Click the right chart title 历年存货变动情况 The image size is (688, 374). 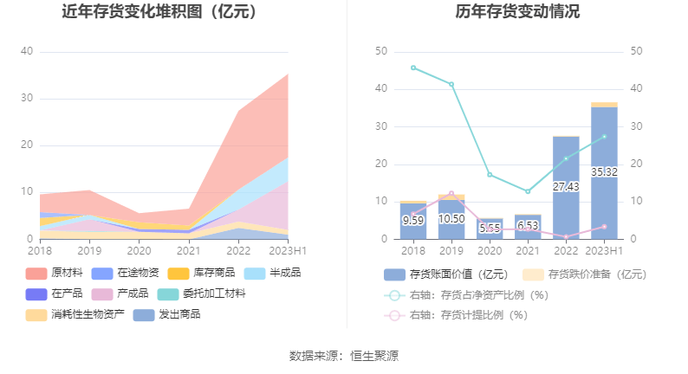(518, 12)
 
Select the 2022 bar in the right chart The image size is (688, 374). (566, 187)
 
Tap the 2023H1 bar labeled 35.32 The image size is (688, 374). (604, 172)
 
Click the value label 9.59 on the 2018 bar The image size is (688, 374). (413, 220)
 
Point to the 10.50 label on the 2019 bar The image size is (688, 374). (451, 219)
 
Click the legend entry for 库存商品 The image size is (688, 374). (203, 273)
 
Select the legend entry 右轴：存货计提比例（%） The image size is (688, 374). (468, 315)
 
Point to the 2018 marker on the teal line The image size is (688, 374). (413, 68)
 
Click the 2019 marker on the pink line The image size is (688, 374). (451, 193)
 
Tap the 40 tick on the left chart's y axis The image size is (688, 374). (27, 51)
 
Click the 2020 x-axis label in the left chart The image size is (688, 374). (139, 250)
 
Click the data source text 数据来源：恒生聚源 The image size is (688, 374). (344, 356)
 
